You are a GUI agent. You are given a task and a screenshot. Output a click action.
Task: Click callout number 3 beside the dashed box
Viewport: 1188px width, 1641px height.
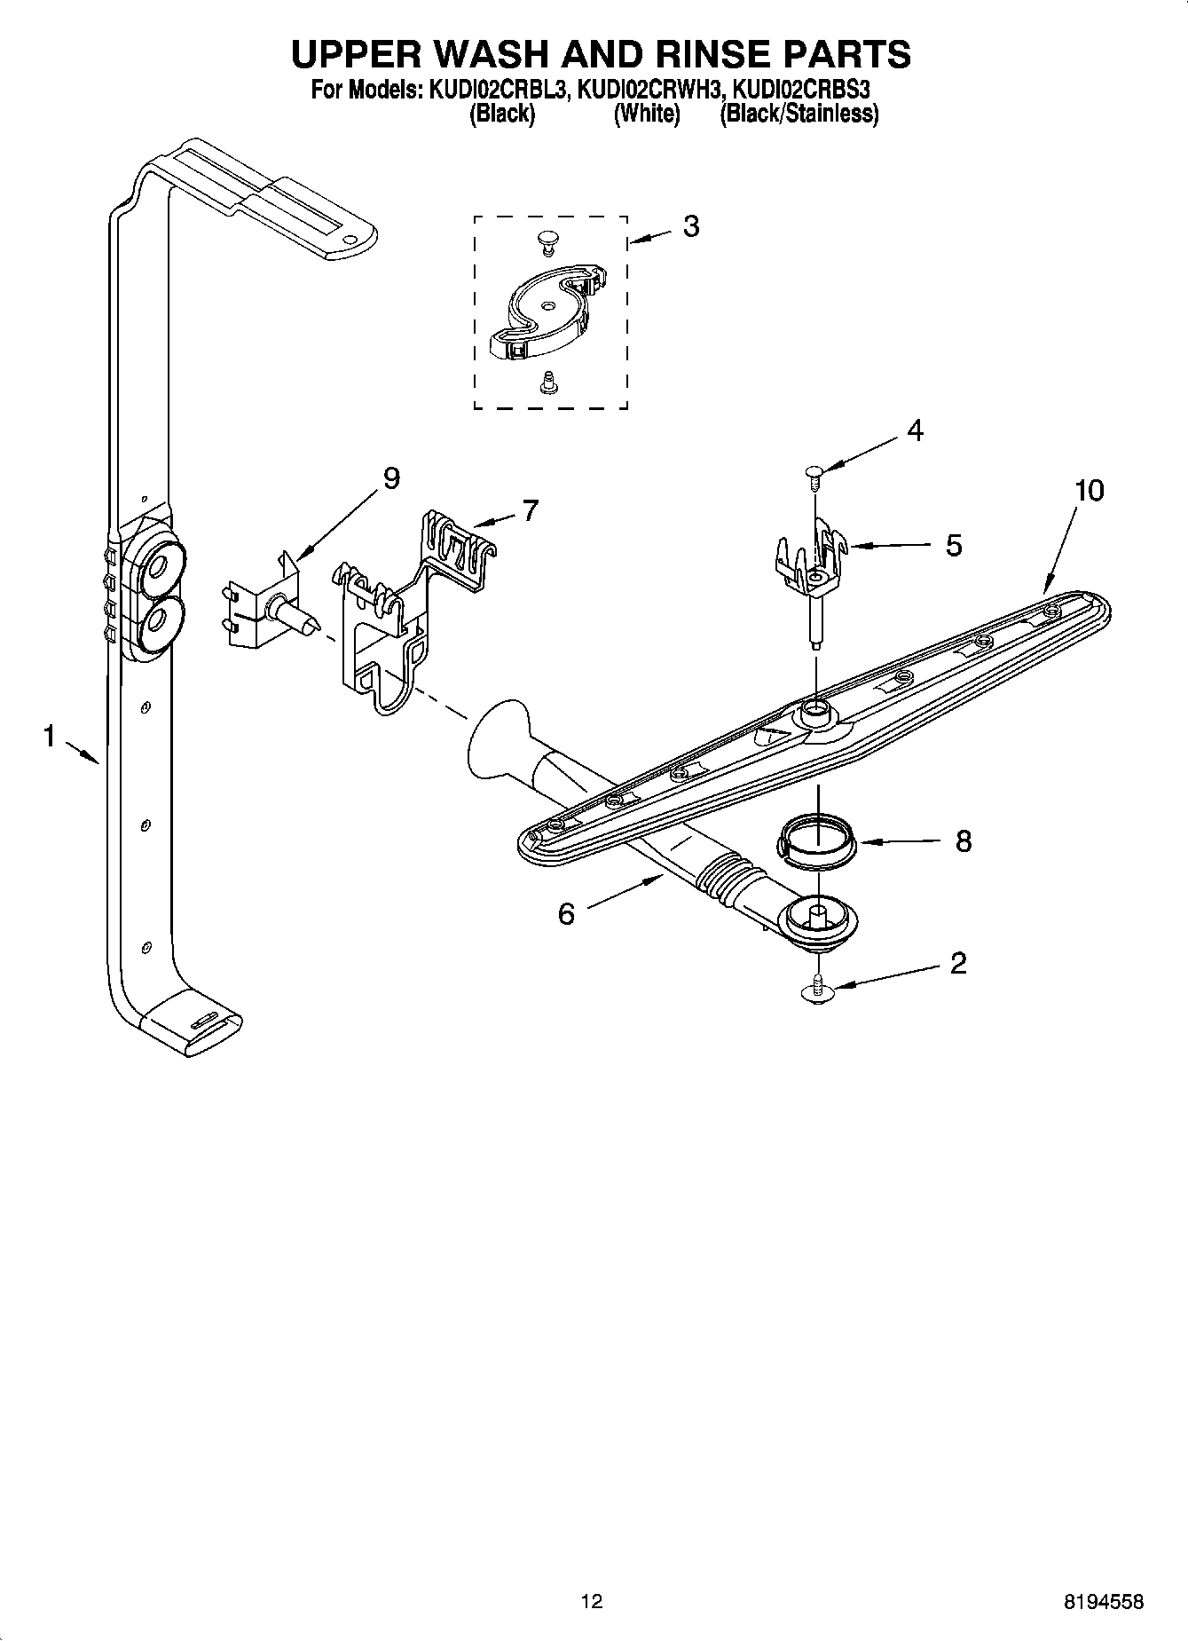(x=690, y=227)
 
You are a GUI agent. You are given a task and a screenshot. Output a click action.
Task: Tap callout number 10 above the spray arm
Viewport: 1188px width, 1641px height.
(x=1089, y=490)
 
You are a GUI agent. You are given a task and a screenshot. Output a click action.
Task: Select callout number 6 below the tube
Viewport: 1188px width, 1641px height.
(x=566, y=913)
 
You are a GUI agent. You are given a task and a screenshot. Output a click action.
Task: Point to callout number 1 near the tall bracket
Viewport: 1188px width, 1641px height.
(x=50, y=736)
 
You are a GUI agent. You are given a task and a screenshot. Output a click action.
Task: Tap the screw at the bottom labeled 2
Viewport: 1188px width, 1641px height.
(x=814, y=990)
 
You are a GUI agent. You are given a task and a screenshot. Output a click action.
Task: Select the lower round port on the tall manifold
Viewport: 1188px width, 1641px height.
(x=161, y=619)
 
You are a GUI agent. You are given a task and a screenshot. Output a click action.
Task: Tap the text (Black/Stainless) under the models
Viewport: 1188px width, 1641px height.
(x=799, y=114)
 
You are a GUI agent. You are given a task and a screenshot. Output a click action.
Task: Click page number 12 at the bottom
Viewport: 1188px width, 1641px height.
(x=592, y=1601)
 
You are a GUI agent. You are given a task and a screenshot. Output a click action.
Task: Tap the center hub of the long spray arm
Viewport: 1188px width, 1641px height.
(x=814, y=711)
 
